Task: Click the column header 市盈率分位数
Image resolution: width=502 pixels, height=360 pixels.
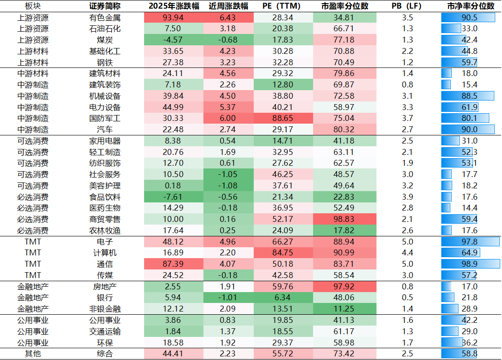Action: point(344,6)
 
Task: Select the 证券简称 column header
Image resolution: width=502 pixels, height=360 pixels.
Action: point(105,6)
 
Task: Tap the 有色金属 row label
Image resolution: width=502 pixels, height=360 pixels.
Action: point(105,18)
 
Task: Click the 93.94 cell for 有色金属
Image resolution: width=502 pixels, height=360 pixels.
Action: point(173,18)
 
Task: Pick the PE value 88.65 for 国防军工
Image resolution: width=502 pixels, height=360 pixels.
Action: point(283,118)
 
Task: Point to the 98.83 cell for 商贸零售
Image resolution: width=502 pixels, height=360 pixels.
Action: point(344,219)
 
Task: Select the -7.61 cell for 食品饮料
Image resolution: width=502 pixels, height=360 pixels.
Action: point(173,197)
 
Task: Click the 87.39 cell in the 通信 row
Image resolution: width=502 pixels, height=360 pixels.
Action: point(173,264)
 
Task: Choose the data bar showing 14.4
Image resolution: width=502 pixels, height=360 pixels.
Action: point(446,208)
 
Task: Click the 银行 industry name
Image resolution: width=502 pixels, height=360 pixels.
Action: point(105,298)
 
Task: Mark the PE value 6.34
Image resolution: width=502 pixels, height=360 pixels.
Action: point(283,298)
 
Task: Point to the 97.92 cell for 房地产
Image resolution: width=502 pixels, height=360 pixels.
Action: point(344,286)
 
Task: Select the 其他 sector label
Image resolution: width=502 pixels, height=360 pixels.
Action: point(33,354)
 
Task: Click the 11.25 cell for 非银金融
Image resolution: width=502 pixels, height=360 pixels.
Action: point(344,309)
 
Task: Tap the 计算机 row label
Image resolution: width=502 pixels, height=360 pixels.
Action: point(105,253)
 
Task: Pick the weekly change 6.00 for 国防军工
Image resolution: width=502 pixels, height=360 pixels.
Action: point(228,118)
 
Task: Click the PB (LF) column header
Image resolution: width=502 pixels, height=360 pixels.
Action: point(407,6)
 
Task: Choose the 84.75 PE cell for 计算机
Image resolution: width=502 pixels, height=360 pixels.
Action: point(283,253)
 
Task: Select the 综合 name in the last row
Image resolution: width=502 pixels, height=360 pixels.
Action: point(105,354)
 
